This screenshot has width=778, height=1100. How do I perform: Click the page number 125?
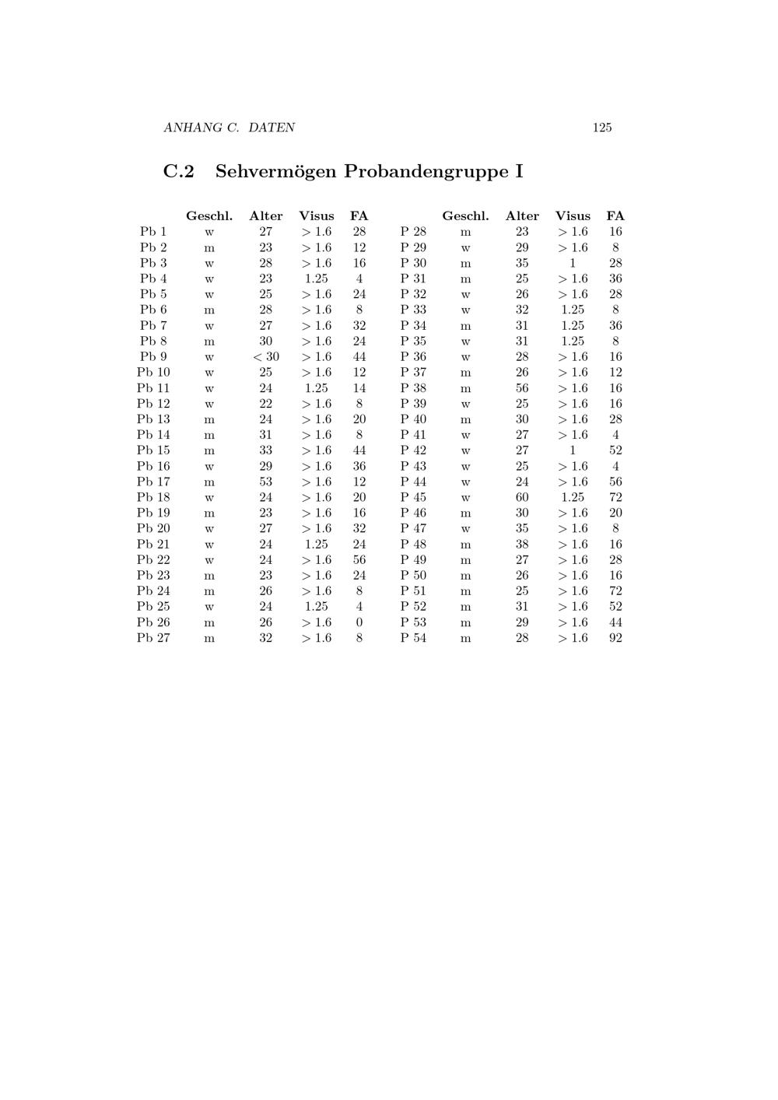[x=601, y=128]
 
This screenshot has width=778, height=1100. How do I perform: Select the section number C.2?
[x=178, y=171]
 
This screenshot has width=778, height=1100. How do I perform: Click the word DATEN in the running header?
[x=272, y=128]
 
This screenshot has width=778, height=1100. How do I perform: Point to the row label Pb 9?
[x=153, y=356]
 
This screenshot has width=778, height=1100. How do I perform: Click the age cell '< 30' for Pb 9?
[x=265, y=356]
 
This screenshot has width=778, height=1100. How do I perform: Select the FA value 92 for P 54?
[x=615, y=638]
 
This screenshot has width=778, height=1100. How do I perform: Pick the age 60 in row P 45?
[x=521, y=497]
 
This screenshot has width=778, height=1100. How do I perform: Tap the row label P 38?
[x=413, y=388]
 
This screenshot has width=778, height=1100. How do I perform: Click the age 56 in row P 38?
[x=521, y=388]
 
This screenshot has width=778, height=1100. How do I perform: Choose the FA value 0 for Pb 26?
[x=359, y=622]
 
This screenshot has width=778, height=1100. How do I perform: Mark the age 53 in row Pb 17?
[x=265, y=482]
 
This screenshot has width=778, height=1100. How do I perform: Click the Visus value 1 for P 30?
[x=573, y=263]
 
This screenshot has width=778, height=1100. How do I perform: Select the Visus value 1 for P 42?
[x=573, y=450]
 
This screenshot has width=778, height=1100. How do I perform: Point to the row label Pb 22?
[x=153, y=559]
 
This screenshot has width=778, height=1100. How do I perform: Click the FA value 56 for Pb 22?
[x=359, y=559]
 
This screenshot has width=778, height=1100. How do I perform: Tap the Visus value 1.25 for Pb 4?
[x=316, y=279]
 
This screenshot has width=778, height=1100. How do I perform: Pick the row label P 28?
[x=413, y=232]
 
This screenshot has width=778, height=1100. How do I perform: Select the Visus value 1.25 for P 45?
[x=573, y=497]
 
